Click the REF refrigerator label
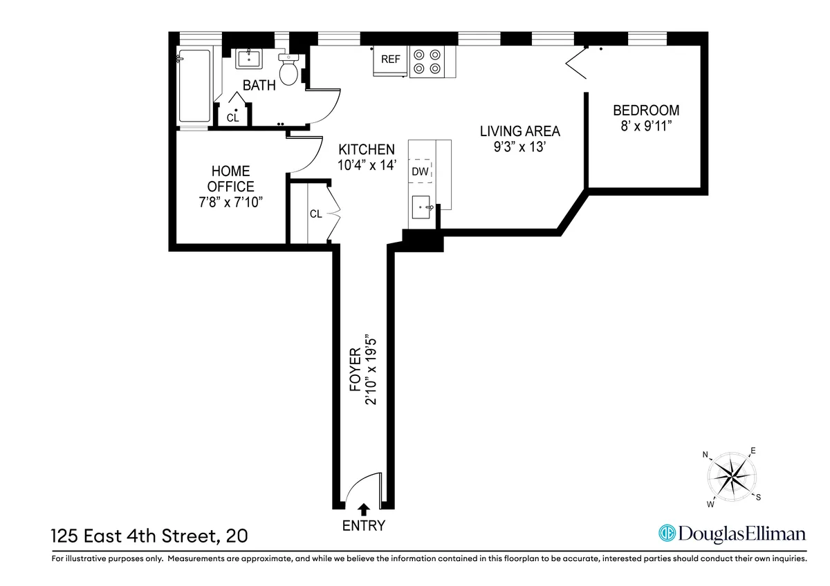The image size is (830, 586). pos(391,59)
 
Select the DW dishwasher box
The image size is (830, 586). pos(421,171)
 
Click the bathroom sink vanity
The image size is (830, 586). pos(249,59)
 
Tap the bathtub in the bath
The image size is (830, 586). pos(194,88)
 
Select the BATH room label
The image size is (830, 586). pos(259,86)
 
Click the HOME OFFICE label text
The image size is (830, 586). pos(231,178)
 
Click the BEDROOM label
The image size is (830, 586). pos(646,110)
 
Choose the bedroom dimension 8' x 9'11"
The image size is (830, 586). pos(646,125)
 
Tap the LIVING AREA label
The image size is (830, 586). pos(520,131)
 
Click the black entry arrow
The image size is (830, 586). pos(364,509)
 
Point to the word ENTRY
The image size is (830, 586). pos(364,526)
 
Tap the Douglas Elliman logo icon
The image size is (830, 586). pos(667,533)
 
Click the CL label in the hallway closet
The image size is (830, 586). pos(315,214)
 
